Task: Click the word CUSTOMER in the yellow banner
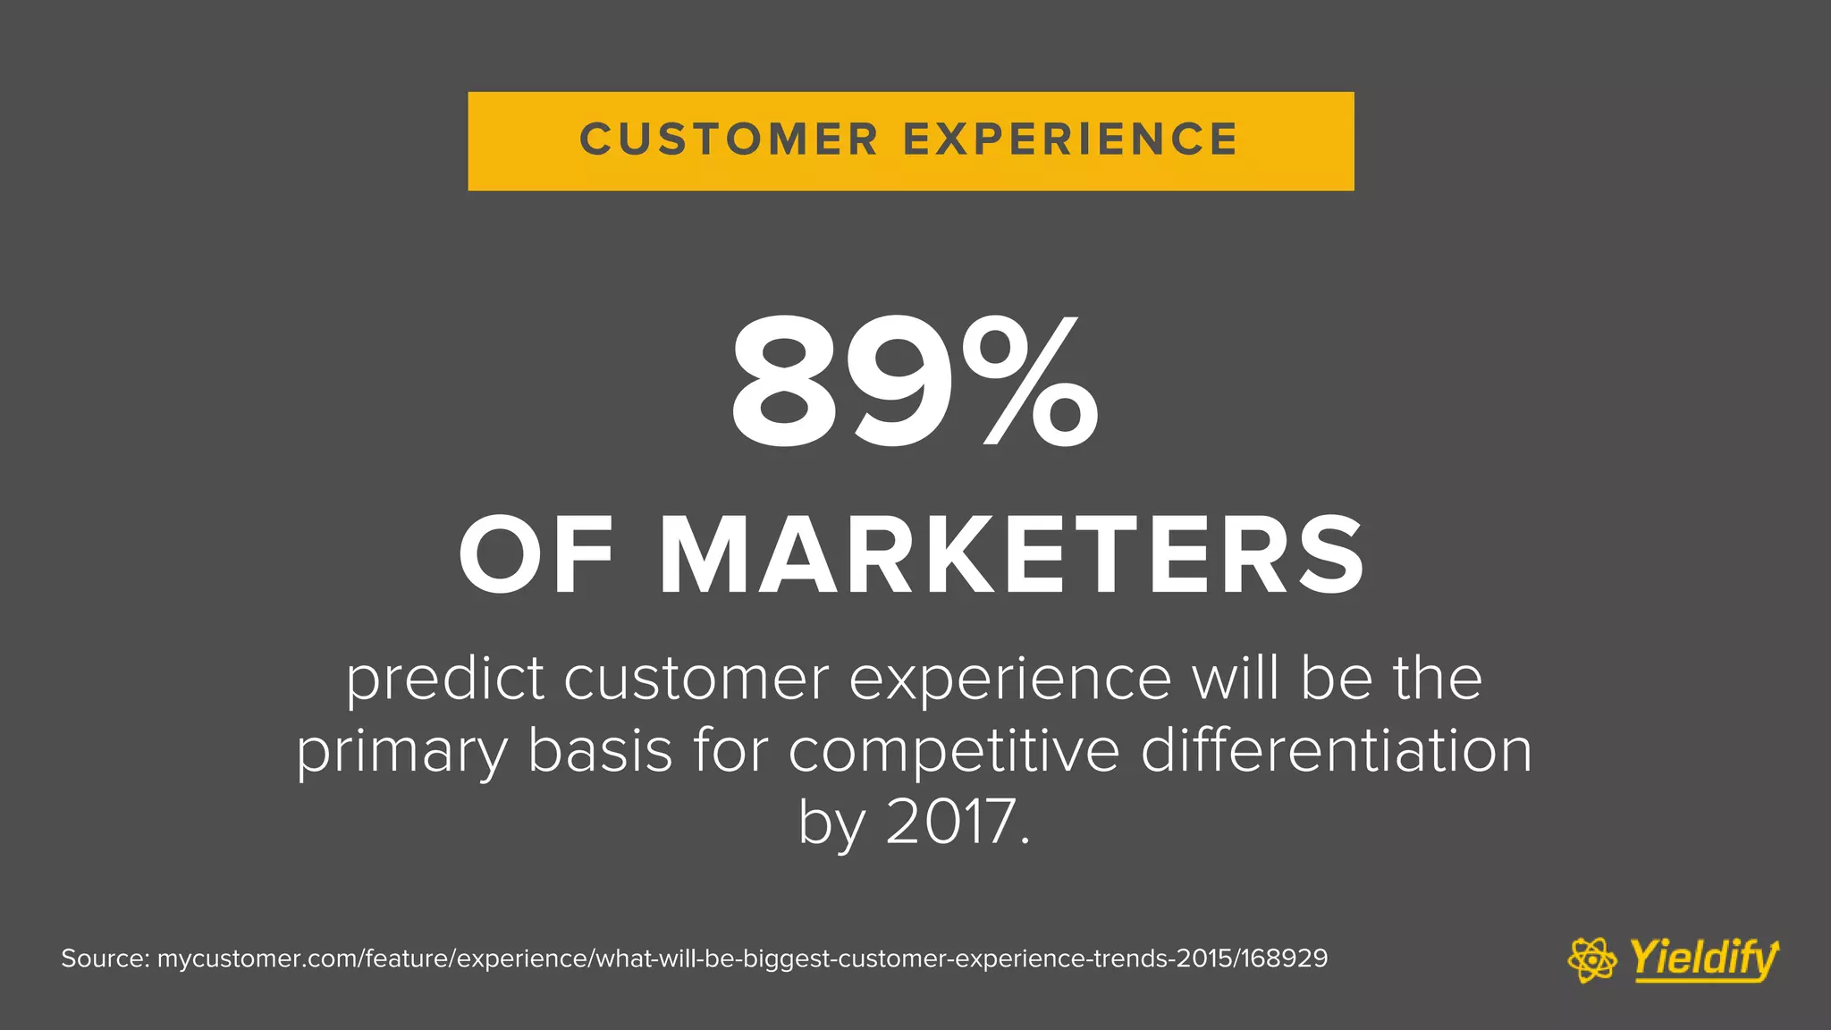(x=729, y=140)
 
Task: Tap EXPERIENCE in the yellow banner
(x=1070, y=140)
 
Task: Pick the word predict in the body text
(x=444, y=680)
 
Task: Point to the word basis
(x=600, y=750)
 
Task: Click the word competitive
(x=953, y=751)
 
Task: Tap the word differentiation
(x=1336, y=750)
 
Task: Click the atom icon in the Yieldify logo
(x=1592, y=960)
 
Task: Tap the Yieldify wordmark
(x=1704, y=958)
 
